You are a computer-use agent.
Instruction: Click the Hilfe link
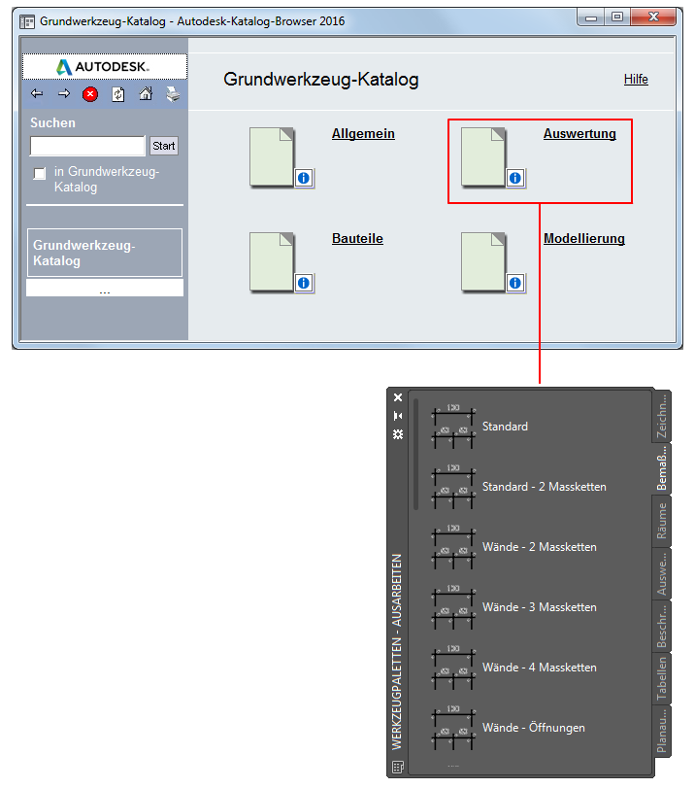tap(636, 80)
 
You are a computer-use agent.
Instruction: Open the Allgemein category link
tap(363, 134)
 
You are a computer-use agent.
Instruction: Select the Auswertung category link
tap(579, 134)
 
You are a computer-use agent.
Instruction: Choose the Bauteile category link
tap(357, 238)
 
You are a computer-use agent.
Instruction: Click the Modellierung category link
tap(584, 238)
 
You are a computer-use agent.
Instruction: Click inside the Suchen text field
tap(87, 146)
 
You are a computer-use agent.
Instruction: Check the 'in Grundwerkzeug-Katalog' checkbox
tap(39, 173)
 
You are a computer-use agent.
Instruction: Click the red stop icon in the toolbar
tap(90, 94)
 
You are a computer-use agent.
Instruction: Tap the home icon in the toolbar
tap(146, 94)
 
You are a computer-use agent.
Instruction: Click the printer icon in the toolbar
tap(173, 94)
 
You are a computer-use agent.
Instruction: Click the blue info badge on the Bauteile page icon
tap(303, 283)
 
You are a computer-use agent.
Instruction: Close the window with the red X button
tap(653, 17)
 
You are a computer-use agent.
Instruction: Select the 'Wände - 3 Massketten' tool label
tap(540, 607)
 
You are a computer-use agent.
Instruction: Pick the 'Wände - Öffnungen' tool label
tap(533, 728)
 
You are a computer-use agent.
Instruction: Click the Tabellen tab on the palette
tap(662, 678)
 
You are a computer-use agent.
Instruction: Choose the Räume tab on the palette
tap(662, 521)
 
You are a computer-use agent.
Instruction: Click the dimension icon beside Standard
tap(453, 427)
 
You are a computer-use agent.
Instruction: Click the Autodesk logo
tap(103, 66)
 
